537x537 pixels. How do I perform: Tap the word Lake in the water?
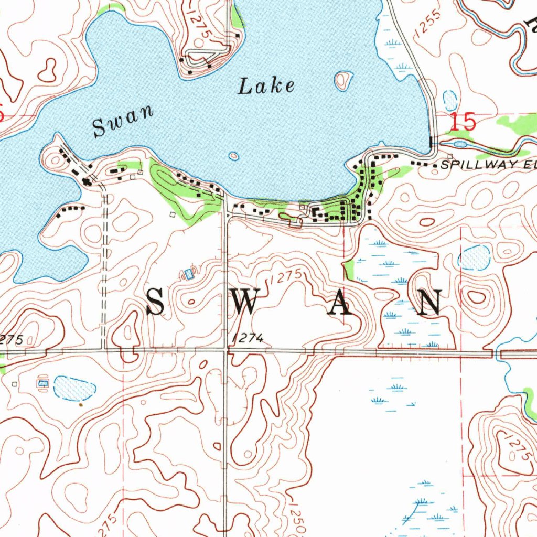point(266,85)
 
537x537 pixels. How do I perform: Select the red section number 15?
point(463,122)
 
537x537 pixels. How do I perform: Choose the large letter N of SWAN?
point(432,303)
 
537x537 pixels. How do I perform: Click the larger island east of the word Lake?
point(343,80)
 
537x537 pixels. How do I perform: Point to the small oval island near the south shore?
point(233,156)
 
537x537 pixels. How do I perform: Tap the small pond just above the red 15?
point(450,99)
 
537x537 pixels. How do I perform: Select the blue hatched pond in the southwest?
point(75,388)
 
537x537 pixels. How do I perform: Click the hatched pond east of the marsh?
point(475,257)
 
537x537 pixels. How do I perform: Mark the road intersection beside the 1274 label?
point(225,350)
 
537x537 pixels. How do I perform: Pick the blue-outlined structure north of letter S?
point(188,273)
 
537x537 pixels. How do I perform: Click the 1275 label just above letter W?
point(286,278)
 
